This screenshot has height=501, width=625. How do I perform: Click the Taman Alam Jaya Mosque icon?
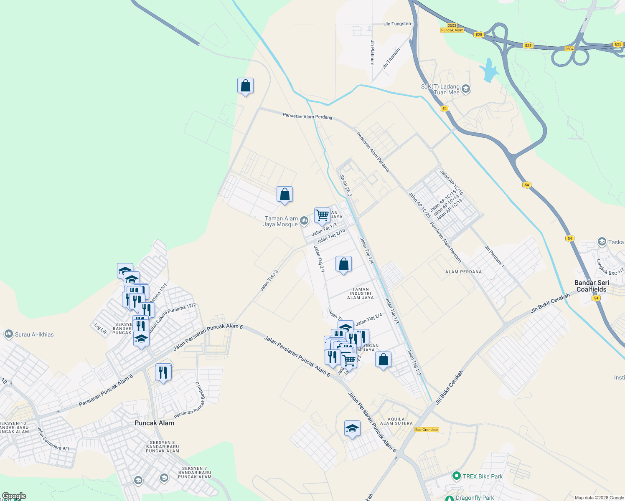304,221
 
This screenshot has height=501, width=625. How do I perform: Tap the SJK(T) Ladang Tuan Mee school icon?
466,89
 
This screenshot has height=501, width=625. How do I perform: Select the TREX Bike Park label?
483,476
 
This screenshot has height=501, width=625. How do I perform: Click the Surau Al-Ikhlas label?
34,334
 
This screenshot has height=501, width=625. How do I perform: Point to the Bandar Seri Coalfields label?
592,286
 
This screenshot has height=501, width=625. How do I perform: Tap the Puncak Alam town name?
154,423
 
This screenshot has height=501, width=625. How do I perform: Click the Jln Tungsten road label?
397,24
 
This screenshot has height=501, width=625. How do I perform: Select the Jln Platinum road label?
372,52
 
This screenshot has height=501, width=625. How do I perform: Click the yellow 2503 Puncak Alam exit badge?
452,28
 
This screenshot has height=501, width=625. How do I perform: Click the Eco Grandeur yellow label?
427,430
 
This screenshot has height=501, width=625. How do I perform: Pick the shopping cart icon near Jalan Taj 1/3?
322,215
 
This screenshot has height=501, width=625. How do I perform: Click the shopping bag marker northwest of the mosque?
285,194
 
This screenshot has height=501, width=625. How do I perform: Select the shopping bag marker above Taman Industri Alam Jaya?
343,264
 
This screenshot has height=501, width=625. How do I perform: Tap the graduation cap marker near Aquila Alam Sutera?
352,428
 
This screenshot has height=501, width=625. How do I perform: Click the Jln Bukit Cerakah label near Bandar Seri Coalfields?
550,304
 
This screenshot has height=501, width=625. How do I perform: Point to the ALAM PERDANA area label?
463,272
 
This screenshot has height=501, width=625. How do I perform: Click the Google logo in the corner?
14,496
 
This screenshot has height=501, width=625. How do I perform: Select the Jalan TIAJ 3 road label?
269,281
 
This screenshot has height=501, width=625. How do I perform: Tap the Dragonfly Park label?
475,498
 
